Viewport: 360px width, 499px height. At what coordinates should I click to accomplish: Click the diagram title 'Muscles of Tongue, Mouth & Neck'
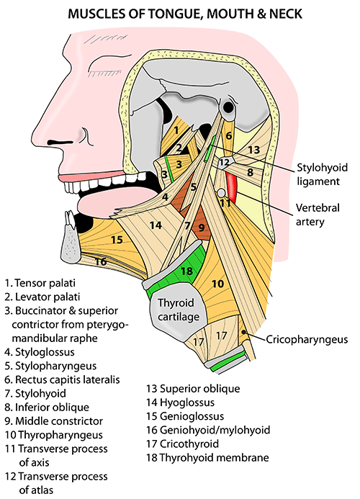click(185, 14)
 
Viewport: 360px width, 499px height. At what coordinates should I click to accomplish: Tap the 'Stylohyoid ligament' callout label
click(322, 174)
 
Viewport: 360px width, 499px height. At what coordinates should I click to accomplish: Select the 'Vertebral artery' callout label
click(318, 215)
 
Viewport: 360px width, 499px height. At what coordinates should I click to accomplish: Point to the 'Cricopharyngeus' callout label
click(307, 339)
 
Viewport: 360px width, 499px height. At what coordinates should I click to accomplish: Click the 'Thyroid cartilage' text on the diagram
click(179, 309)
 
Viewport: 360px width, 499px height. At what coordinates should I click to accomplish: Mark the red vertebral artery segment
click(232, 188)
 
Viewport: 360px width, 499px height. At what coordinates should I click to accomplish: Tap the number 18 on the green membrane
click(187, 271)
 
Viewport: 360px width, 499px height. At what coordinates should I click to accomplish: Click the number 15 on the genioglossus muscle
click(117, 239)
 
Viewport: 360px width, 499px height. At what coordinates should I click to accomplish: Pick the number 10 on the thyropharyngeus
click(217, 284)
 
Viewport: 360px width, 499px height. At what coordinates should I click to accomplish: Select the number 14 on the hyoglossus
click(156, 225)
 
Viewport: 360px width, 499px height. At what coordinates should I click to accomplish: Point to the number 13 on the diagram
click(254, 149)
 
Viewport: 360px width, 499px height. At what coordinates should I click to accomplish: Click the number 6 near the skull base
click(228, 135)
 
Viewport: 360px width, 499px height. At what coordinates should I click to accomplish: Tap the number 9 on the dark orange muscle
click(201, 228)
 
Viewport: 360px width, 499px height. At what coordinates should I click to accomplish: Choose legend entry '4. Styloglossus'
click(40, 352)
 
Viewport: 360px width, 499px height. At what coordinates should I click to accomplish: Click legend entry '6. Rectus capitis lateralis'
click(62, 379)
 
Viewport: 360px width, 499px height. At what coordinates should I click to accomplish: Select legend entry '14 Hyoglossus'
click(180, 403)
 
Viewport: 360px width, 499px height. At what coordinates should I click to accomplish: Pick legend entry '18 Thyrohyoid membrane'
click(207, 458)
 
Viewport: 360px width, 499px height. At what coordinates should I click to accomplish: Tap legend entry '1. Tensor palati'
click(40, 283)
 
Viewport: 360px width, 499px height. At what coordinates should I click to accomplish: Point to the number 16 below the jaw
click(101, 261)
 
